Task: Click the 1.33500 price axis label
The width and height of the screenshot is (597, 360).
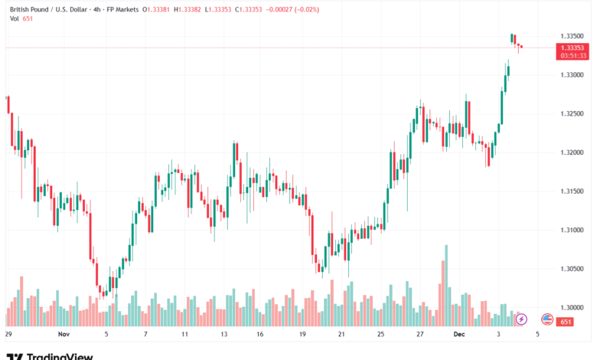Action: click(x=572, y=36)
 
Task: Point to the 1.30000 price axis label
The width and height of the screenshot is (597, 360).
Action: click(x=572, y=308)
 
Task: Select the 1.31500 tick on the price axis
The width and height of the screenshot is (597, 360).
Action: click(x=572, y=191)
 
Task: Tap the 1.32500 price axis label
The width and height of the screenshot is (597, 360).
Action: click(x=572, y=114)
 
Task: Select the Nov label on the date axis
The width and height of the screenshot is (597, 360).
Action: click(x=64, y=335)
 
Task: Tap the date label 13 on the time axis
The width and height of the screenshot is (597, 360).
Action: click(x=223, y=335)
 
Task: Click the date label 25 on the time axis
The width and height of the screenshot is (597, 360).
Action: click(x=380, y=335)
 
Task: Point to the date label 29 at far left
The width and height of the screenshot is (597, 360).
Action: click(x=8, y=335)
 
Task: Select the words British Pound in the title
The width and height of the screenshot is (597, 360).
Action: click(x=28, y=9)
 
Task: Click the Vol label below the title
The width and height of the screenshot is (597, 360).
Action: click(x=12, y=18)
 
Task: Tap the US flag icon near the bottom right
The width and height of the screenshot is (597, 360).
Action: click(x=547, y=319)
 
